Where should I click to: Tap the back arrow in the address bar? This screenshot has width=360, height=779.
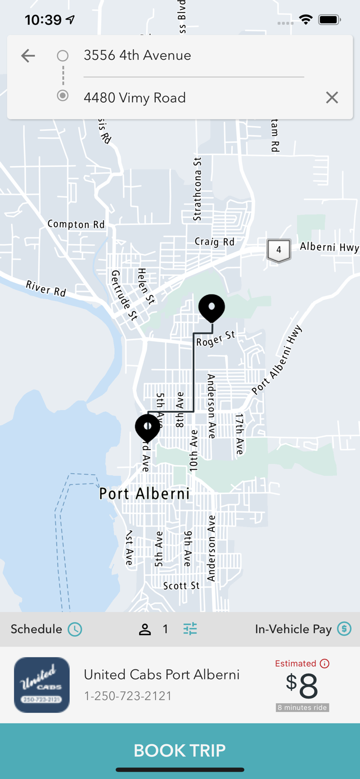28,56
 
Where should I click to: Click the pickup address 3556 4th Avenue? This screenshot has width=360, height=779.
137,56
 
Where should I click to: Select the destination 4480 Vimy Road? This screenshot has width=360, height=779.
135,98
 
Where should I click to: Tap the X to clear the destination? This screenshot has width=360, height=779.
332,98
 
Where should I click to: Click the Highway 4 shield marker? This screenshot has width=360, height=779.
278,250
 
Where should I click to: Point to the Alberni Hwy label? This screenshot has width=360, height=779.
329,247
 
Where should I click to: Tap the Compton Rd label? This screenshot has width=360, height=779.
76,224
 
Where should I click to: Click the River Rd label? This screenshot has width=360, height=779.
46,288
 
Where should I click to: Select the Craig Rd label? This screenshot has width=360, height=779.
215,241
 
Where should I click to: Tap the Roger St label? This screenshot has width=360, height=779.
215,339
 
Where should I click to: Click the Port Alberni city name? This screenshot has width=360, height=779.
144,493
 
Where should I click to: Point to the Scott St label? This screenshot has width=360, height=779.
181,586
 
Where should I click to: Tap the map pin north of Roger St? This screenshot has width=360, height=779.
211,307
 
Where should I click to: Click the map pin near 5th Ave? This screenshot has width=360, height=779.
148,427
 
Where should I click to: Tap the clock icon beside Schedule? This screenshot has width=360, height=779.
75,629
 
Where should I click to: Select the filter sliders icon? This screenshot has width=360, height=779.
190,629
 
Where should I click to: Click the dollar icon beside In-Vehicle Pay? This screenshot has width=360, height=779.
344,629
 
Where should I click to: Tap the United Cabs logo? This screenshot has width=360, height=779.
42,685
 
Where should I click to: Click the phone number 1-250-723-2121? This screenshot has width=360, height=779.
128,696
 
